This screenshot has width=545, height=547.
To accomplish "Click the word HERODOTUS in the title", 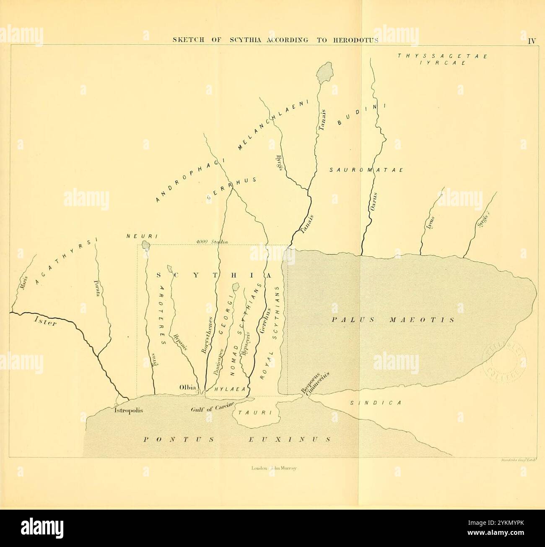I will (x=356, y=40).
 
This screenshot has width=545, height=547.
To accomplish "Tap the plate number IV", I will (x=532, y=41).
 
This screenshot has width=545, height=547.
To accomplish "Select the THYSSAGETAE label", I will (x=442, y=56).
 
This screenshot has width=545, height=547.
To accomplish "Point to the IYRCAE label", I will (x=442, y=63).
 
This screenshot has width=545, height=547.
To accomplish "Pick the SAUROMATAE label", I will (x=366, y=170).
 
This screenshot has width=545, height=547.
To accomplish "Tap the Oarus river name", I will (x=374, y=202).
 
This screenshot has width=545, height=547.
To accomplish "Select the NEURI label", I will (x=142, y=237).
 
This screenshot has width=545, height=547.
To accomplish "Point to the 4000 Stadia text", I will (x=211, y=242).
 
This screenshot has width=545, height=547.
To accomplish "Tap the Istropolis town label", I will (x=129, y=411).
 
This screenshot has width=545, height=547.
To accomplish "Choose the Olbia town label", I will (x=188, y=387).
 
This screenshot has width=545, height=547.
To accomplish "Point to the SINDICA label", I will (x=376, y=403).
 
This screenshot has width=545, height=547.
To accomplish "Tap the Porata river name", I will (x=97, y=289).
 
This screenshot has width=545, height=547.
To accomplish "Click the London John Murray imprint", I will (x=273, y=469).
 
